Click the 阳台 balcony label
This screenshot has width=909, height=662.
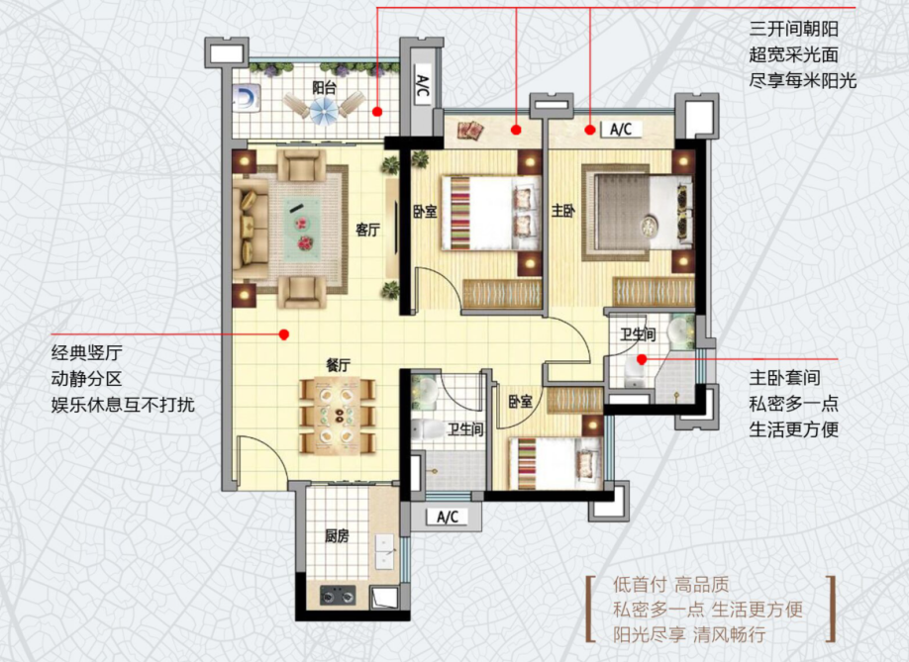coord(324,87)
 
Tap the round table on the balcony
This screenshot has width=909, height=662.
coord(324,110)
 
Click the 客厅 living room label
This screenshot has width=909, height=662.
coord(367,230)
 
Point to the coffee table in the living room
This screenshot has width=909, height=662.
coord(303,226)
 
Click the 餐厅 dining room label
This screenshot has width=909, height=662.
coord(338,365)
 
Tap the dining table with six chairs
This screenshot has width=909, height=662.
coord(338,416)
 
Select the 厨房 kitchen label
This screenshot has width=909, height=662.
coord(337,536)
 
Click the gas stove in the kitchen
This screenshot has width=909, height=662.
coord(338,595)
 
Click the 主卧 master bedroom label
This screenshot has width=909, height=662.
coord(562,210)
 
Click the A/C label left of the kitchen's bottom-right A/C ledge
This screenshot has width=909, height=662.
coord(448,517)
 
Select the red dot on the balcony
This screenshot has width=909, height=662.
coord(377,112)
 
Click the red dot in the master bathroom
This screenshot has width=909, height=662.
coord(642,359)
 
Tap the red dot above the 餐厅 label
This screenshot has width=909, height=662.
coord(284,334)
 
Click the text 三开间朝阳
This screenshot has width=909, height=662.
coord(793,29)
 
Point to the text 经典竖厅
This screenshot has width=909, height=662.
coord(87,352)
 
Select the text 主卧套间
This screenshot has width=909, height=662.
coord(785,378)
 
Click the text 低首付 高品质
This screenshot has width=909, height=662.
coord(670,585)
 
